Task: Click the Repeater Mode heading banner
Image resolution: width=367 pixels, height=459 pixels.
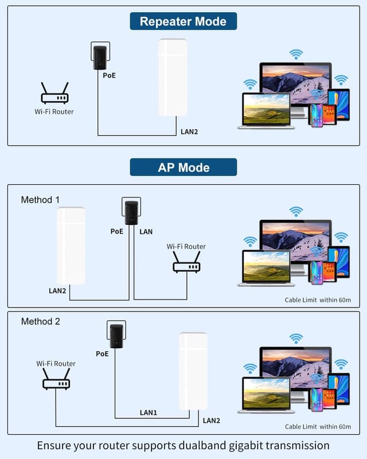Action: [x=183, y=22]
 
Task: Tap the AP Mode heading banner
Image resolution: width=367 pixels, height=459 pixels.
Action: [x=183, y=168]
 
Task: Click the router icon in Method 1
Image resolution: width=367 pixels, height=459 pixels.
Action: [x=186, y=262]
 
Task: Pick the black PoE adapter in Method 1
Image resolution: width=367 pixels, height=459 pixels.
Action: [x=131, y=212]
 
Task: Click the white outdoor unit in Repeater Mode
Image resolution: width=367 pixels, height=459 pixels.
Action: [x=173, y=77]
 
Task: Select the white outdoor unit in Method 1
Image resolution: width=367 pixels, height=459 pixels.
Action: [x=71, y=246]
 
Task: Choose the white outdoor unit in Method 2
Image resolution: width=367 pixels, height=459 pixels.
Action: [x=193, y=370]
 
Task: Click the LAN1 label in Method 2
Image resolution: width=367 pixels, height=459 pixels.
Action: [x=149, y=412]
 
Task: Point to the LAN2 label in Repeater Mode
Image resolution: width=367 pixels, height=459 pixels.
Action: [x=189, y=132]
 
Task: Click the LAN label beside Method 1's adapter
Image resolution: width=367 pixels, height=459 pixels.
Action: [x=146, y=232]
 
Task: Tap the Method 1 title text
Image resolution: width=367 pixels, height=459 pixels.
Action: [x=40, y=200]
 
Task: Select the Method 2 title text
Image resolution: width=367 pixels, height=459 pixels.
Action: [x=40, y=321]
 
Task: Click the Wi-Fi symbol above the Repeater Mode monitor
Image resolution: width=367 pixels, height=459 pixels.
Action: [x=296, y=55]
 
